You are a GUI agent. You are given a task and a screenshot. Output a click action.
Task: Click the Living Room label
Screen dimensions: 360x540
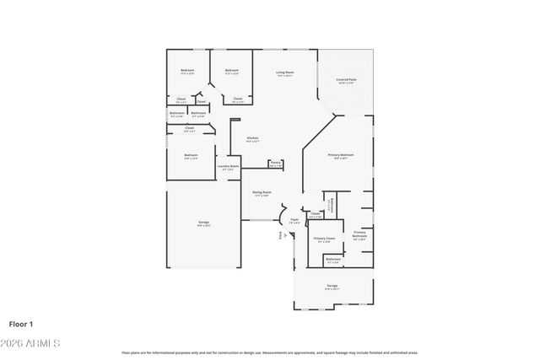pyautogui.click(x=285, y=73)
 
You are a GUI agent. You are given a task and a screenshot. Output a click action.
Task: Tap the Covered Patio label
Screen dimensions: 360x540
pyautogui.click(x=346, y=81)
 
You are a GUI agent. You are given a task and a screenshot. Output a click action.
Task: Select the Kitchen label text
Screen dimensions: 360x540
pyautogui.click(x=252, y=139)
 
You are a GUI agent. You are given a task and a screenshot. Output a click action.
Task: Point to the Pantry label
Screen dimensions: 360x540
pyautogui.click(x=275, y=163)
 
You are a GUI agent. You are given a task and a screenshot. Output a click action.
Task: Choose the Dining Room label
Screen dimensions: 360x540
pyautogui.click(x=262, y=193)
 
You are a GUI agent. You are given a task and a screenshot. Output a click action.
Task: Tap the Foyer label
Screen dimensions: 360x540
pyautogui.click(x=294, y=220)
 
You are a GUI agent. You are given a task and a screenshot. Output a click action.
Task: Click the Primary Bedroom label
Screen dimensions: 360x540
pyautogui.click(x=341, y=156)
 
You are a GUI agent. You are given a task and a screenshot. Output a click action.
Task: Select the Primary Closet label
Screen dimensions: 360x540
pyautogui.click(x=324, y=239)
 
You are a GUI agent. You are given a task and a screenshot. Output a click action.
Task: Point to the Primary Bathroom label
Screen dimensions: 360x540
pyautogui.click(x=359, y=236)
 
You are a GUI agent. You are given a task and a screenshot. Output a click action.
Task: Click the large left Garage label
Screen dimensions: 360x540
pyautogui.click(x=203, y=223)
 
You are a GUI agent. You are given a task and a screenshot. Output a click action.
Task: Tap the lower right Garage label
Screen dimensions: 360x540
pyautogui.click(x=332, y=287)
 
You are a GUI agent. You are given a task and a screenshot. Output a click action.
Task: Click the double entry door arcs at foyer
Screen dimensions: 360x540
pyautogui.click(x=284, y=212)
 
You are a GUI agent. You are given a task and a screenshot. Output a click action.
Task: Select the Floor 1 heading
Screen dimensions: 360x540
pyautogui.click(x=20, y=324)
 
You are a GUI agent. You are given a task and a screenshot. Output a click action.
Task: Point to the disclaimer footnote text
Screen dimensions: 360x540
pyautogui.click(x=269, y=352)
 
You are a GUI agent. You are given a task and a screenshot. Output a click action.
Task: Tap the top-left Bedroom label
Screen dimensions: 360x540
pyautogui.click(x=187, y=71)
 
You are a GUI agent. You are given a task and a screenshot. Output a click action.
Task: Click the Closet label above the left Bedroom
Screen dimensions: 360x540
pyautogui.click(x=189, y=129)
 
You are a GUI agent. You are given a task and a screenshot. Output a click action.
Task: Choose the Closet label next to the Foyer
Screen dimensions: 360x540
pyautogui.click(x=315, y=214)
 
